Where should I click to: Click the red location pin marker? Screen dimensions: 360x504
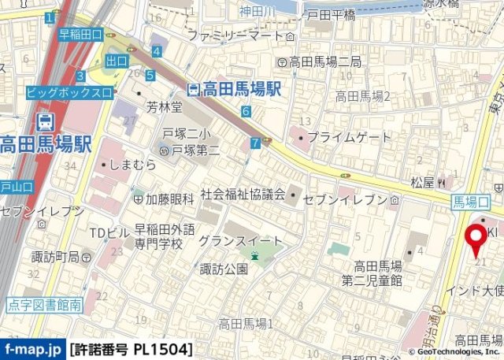pyautogui.click(x=476, y=239)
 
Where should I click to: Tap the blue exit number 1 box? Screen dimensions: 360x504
pyautogui.click(x=50, y=17)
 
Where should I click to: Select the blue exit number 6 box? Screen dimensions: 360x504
pyautogui.click(x=246, y=111)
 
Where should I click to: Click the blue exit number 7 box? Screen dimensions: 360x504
pyautogui.click(x=254, y=143)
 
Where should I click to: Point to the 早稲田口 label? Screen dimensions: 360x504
pyautogui.click(x=81, y=34)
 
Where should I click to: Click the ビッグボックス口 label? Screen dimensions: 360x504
pyautogui.click(x=69, y=92)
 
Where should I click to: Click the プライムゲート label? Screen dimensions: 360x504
pyautogui.click(x=348, y=137)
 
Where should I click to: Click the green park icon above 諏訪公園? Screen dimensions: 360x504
pyautogui.click(x=254, y=255)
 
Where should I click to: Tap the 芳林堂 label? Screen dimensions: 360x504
pyautogui.click(x=164, y=106)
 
